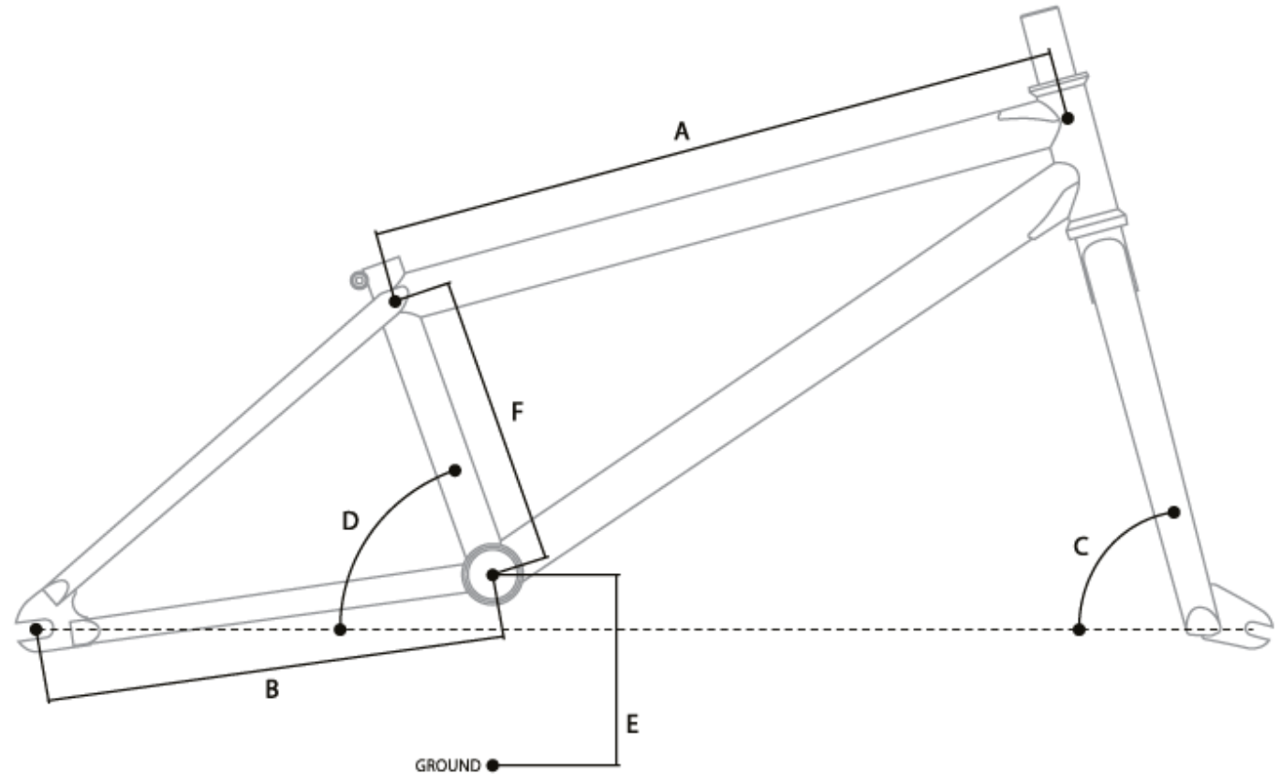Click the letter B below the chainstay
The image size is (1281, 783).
point(272,690)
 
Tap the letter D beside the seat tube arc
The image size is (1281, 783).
point(349,520)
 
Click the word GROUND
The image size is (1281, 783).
point(449,764)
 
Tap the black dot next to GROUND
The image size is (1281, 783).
point(492,764)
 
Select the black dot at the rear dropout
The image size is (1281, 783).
point(37,628)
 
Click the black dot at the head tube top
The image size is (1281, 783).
point(1067,118)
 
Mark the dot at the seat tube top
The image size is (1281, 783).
point(395,302)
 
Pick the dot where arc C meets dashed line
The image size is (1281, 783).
point(1079,629)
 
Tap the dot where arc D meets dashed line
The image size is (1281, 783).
point(341,629)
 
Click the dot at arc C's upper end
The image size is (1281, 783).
point(1173,511)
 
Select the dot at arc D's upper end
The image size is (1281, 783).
point(456,468)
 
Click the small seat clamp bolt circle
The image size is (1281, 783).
point(357,279)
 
